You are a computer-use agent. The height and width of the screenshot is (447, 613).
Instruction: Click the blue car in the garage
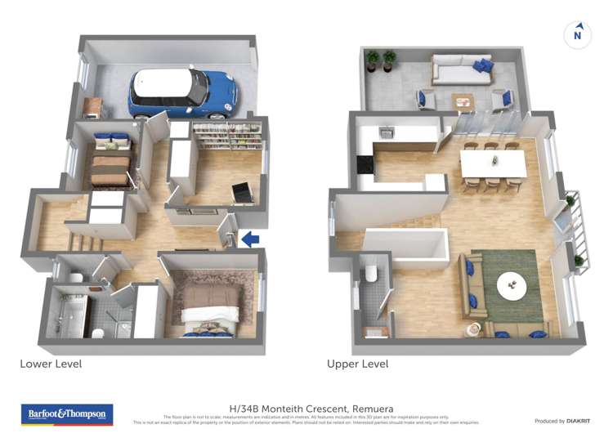(181, 90)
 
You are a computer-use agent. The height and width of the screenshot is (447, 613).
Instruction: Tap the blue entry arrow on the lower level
(252, 239)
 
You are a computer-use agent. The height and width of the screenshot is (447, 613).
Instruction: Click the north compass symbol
(578, 34)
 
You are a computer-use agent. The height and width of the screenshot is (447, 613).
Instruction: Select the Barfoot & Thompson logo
(67, 414)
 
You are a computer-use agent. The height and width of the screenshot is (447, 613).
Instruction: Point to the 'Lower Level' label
(51, 364)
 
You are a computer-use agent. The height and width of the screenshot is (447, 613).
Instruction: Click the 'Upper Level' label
(357, 364)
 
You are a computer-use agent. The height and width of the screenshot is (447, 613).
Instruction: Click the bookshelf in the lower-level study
(226, 136)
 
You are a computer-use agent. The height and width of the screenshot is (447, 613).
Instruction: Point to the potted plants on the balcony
(381, 60)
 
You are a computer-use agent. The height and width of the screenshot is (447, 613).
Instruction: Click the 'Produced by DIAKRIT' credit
(562, 421)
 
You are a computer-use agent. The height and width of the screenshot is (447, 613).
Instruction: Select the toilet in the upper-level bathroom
(370, 272)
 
